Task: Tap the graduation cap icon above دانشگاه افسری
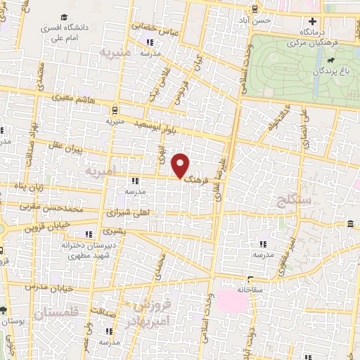(64, 18)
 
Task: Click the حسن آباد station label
(252, 21)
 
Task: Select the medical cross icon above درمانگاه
(312, 22)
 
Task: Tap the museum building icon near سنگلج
(350, 224)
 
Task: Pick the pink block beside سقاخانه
(232, 302)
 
